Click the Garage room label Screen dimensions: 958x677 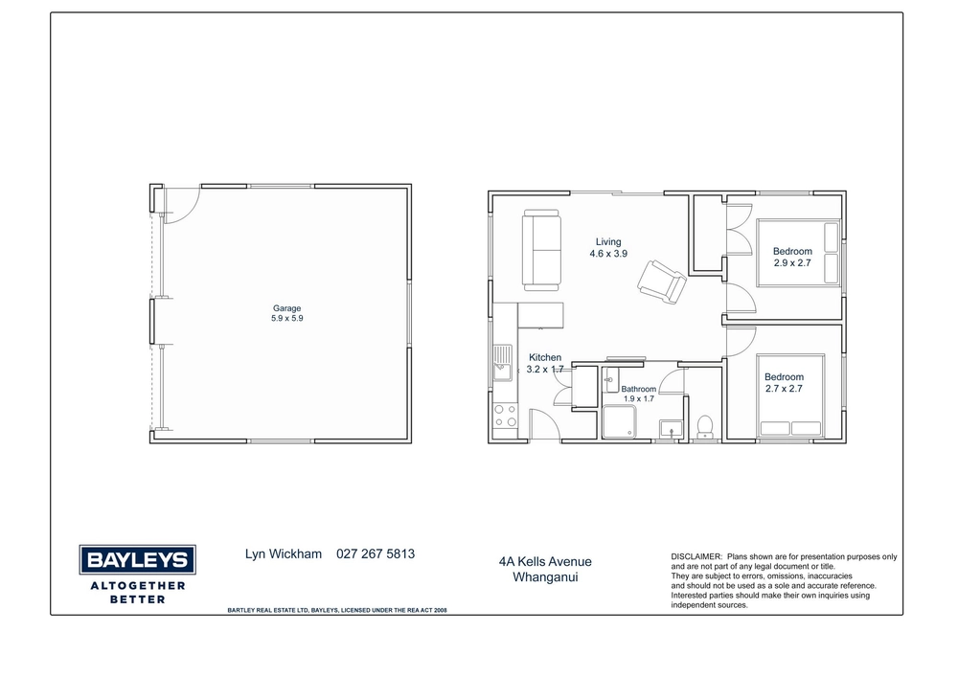286,308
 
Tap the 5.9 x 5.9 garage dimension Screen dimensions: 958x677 287,318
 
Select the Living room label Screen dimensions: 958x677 608,241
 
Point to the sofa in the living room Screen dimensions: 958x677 541,250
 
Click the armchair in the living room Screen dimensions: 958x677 662,282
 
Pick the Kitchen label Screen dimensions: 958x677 545,358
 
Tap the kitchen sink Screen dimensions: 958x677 502,363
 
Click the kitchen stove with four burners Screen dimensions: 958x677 505,416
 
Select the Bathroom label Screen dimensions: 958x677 638,389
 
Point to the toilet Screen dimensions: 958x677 704,427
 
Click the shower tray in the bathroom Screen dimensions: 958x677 619,422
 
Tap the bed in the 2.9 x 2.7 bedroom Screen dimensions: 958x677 799,253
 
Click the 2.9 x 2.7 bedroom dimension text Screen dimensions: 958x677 792,263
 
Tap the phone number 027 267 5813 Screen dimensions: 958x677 376,553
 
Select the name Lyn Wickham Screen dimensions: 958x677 283,553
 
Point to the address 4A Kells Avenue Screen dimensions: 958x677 545,562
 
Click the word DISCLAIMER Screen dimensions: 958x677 696,556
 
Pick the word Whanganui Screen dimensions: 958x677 545,576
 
